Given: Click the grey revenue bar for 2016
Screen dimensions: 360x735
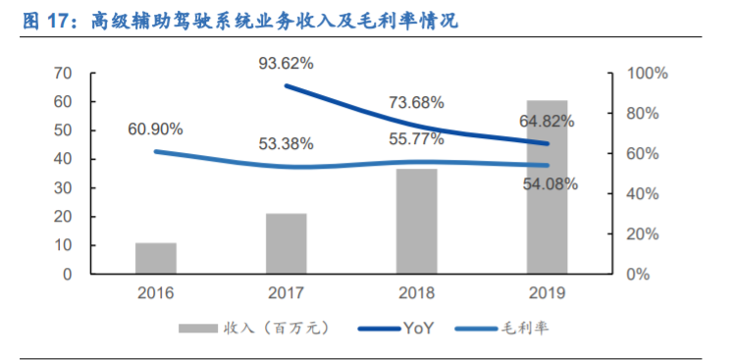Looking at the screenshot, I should pos(155,258).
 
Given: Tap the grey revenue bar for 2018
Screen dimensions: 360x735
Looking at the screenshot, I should pos(416,221).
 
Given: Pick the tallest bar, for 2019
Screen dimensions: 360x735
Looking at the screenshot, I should pos(547,186).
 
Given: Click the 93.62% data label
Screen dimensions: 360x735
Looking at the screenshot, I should pos(287,64).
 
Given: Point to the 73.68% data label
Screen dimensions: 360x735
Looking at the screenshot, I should pos(416,102).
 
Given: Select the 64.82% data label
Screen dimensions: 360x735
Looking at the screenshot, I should pos(548,123).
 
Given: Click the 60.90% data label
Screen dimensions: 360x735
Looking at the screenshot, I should pos(155,129).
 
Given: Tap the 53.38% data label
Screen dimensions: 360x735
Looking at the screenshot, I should pos(287,144).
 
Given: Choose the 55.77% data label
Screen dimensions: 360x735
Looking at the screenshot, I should pos(416,140).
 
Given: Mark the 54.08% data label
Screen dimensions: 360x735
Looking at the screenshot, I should pos(548,182).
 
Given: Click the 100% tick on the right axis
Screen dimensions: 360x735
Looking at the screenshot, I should pos(648,74).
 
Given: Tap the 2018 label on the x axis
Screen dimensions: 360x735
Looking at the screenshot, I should pos(416,292).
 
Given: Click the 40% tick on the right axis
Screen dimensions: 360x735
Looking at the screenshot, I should pos(644,194).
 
